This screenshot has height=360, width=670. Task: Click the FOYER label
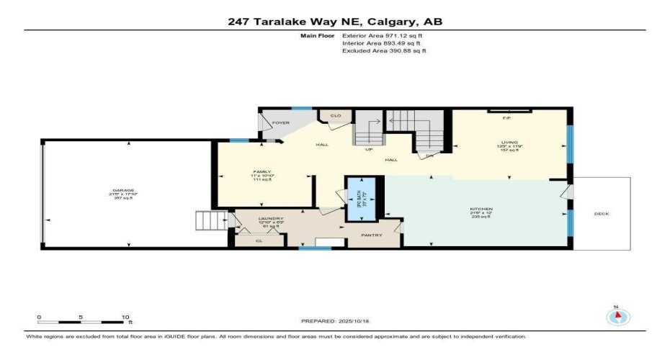(x=280, y=123)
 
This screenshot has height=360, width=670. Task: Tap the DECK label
(x=602, y=214)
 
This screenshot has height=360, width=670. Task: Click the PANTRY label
(x=371, y=235)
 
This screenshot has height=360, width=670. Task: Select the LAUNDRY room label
(x=271, y=218)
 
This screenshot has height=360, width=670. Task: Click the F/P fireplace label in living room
(x=506, y=118)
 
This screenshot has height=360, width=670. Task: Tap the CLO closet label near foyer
(x=335, y=115)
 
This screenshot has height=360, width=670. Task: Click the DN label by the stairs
(x=429, y=155)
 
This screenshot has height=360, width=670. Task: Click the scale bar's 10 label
(x=125, y=317)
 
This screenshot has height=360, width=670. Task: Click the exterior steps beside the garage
(x=205, y=220)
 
